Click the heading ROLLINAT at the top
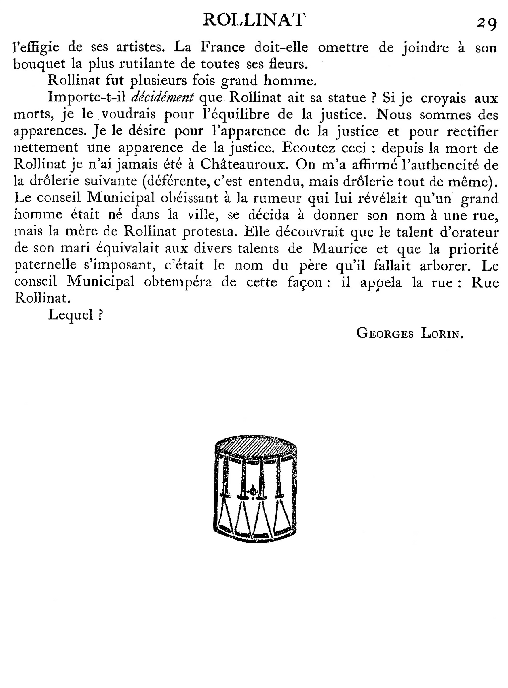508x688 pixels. point(254,20)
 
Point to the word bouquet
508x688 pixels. point(40,64)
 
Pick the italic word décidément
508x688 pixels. point(162,98)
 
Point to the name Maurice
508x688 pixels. point(340,248)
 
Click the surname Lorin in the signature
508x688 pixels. point(442,333)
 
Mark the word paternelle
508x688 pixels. point(45,265)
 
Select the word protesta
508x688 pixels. point(210,231)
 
